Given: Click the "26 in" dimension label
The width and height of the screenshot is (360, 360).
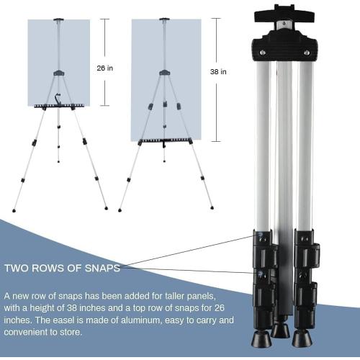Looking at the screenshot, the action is pos(104,68).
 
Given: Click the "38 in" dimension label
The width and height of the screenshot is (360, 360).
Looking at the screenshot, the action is pos(218,72).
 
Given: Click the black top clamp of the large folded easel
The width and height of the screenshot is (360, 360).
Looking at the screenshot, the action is pos(284,14).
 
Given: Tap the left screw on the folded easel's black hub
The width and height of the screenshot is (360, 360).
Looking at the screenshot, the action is pos(263,53).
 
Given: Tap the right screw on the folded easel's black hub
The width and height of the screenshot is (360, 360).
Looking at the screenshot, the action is pos(307,53).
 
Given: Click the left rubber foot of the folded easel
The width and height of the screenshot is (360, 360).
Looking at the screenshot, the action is pos(260,339).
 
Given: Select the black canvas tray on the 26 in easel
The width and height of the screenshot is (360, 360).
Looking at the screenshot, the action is pos(59,106).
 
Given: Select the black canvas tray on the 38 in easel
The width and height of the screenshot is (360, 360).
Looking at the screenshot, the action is pos(165,141).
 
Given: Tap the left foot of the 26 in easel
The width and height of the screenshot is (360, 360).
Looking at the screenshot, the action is pos(14,211).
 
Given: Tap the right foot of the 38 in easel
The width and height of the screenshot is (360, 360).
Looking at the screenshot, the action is pos(212,207).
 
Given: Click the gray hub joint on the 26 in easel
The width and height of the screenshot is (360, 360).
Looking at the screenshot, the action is pos(59,73).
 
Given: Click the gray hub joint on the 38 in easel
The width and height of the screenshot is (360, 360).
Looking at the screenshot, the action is pos(165,73).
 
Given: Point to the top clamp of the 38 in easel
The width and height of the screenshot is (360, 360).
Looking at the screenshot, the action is pos(164,19).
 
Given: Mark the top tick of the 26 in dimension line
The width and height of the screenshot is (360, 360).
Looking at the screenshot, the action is pos(104,19).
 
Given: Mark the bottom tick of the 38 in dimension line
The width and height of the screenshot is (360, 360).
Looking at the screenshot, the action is pos(216,141).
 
